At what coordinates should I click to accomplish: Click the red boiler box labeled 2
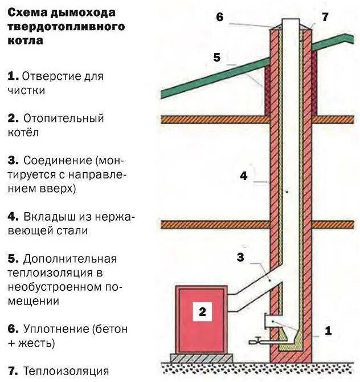(202, 319)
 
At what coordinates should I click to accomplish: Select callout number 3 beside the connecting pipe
(240, 258)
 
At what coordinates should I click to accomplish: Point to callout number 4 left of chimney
(243, 176)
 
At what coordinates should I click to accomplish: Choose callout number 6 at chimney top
(219, 17)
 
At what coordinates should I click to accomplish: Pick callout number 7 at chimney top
(325, 17)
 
